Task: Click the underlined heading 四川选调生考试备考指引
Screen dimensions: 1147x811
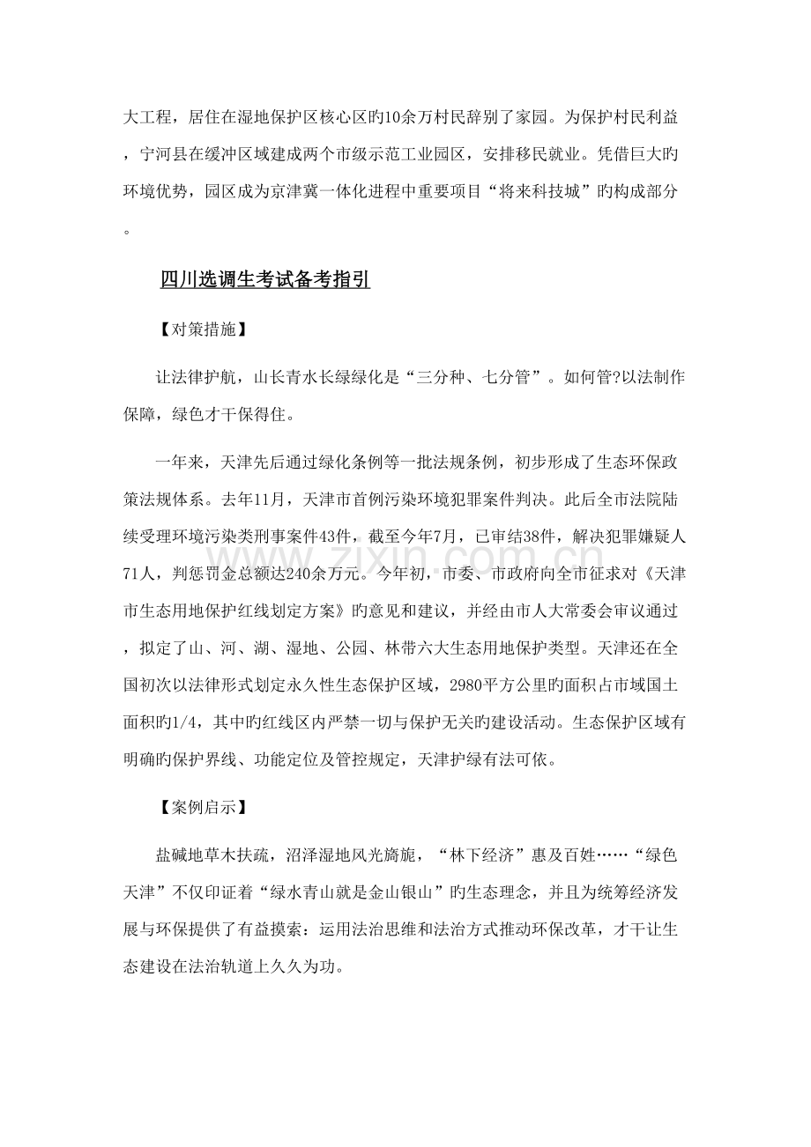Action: [264, 280]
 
